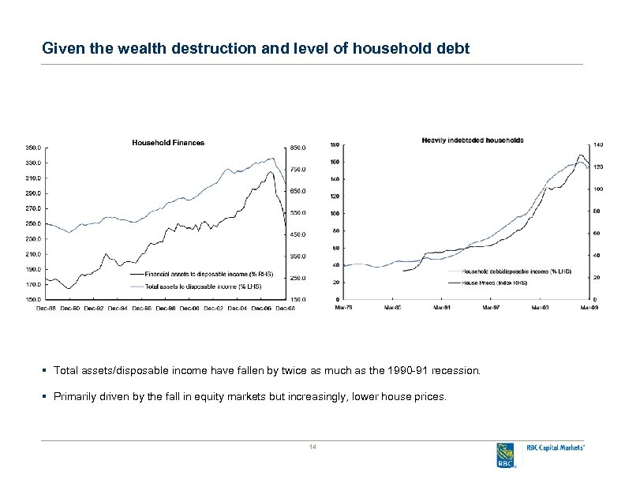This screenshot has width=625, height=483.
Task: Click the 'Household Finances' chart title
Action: click(167, 143)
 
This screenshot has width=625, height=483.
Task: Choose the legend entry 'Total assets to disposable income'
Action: click(203, 285)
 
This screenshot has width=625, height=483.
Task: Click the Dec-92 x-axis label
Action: click(94, 308)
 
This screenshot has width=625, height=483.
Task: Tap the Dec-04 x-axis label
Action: click(241, 308)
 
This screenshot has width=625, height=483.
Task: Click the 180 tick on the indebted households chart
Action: click(335, 144)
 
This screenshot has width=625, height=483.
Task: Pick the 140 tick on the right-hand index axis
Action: click(598, 144)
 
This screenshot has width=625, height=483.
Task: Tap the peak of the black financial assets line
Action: click(270, 172)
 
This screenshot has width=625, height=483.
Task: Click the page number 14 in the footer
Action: click(312, 447)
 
